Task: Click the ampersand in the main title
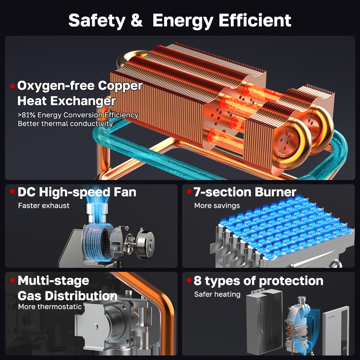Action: (137, 20)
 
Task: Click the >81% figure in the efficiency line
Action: (26, 115)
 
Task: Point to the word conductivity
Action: (91, 124)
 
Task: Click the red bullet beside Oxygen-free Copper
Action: (13, 86)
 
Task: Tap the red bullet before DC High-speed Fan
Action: (13, 191)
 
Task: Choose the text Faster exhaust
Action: (44, 205)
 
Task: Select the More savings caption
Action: (217, 205)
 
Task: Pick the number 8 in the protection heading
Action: (197, 280)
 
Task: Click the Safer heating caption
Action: (217, 294)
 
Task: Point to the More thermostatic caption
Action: (50, 307)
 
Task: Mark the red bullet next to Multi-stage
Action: (13, 280)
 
